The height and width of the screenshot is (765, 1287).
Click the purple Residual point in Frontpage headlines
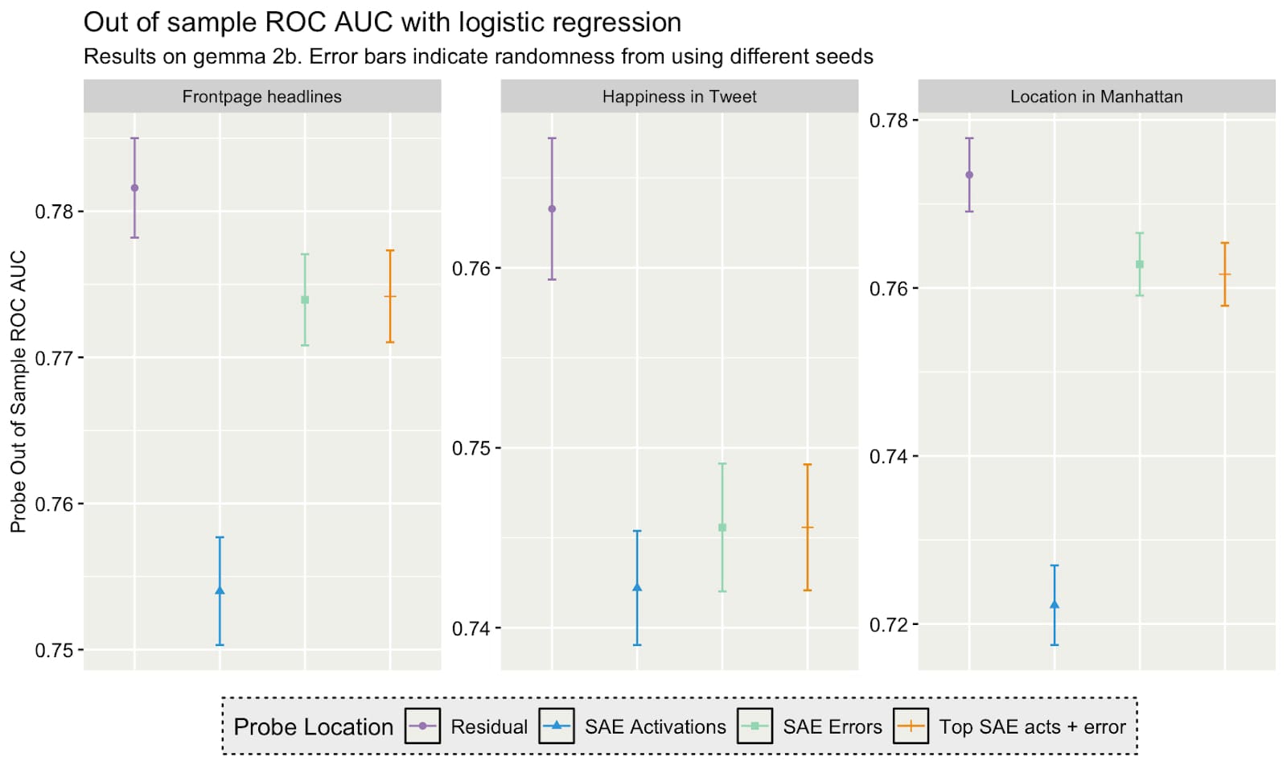point(134,188)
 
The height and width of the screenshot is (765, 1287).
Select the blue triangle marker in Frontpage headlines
point(220,591)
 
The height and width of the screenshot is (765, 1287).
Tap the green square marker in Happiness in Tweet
point(722,528)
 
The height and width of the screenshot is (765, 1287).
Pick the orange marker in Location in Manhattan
point(1224,275)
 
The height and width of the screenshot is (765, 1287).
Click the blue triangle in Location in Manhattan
point(1055,605)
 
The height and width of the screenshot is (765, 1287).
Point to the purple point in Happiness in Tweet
point(552,209)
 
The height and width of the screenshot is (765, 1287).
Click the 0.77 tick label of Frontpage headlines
point(54,358)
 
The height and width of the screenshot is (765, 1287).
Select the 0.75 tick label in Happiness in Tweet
point(471,448)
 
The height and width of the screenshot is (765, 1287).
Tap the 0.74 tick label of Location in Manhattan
point(888,457)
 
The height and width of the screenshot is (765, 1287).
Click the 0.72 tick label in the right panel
point(888,625)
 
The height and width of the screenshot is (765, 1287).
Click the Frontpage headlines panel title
point(261,97)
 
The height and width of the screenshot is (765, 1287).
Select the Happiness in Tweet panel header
point(679,97)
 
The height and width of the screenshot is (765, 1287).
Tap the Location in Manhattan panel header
point(1096,97)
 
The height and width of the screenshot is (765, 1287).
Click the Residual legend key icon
point(422,726)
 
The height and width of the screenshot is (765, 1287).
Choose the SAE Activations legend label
point(655,727)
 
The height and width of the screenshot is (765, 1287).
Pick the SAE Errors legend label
point(832,727)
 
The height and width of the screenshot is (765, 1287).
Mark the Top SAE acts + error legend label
point(1032,727)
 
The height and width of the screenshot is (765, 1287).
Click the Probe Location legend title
point(313,727)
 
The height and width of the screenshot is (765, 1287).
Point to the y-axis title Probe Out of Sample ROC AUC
point(19,392)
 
